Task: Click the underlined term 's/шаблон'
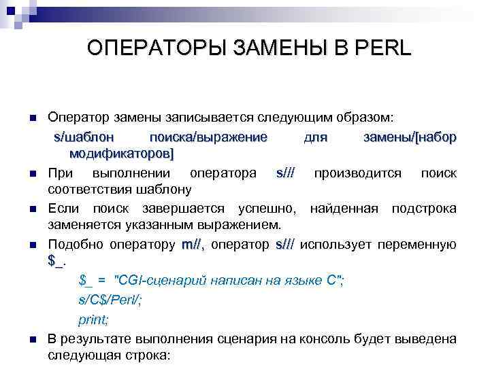[80, 138]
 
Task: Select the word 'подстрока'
[423, 208]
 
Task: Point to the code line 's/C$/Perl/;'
[110, 301]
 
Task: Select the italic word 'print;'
[94, 319]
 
